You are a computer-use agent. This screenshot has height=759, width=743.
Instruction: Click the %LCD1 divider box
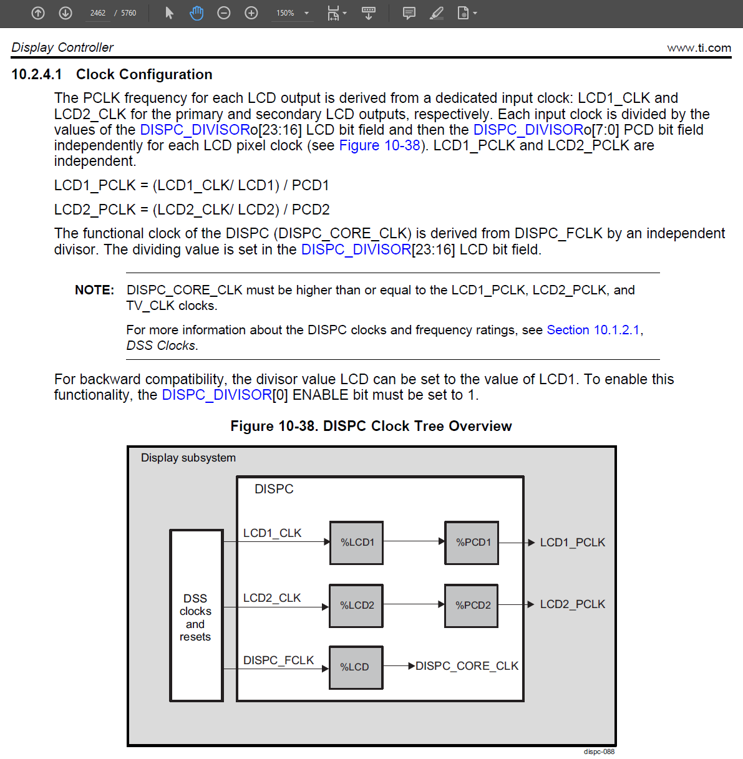(356, 543)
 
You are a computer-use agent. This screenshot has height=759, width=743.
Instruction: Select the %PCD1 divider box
(472, 543)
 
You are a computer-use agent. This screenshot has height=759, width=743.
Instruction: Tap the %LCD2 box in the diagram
(356, 606)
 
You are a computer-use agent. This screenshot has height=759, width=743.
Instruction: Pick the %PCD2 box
(472, 606)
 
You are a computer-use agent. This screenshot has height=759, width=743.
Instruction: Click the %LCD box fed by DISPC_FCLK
(356, 667)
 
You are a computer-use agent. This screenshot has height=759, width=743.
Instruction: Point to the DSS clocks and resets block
(196, 616)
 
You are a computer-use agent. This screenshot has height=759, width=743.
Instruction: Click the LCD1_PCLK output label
(572, 543)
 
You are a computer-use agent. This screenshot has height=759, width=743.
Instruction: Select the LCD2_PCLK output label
(572, 604)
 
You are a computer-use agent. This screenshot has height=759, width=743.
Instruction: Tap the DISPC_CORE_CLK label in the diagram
(467, 666)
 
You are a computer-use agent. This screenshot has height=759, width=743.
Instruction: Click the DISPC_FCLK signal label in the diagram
(278, 660)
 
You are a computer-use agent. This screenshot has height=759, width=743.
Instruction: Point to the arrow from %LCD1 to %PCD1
(414, 541)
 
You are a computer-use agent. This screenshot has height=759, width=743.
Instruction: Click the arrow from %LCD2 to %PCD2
(414, 604)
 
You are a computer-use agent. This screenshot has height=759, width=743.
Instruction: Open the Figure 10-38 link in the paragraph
(379, 146)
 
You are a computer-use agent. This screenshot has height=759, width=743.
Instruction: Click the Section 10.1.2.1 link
(593, 330)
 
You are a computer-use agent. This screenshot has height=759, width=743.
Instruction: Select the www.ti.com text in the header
(699, 48)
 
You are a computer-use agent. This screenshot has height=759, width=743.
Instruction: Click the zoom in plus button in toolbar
(251, 13)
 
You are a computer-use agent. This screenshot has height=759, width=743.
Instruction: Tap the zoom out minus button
(224, 13)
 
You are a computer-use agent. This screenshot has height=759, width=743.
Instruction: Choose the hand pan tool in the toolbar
(197, 13)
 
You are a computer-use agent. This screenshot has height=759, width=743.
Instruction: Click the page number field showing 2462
(98, 13)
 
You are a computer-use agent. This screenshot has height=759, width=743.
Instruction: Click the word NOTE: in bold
(94, 290)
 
